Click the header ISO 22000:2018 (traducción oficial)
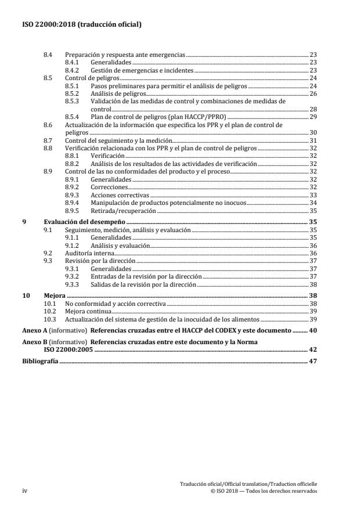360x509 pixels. pos(82,24)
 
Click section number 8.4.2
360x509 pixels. pos(72,70)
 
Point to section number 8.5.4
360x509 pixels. pos(72,117)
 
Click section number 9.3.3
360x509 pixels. pos(72,285)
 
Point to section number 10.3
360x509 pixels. pos(50,319)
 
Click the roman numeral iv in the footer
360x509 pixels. pos(25,490)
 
